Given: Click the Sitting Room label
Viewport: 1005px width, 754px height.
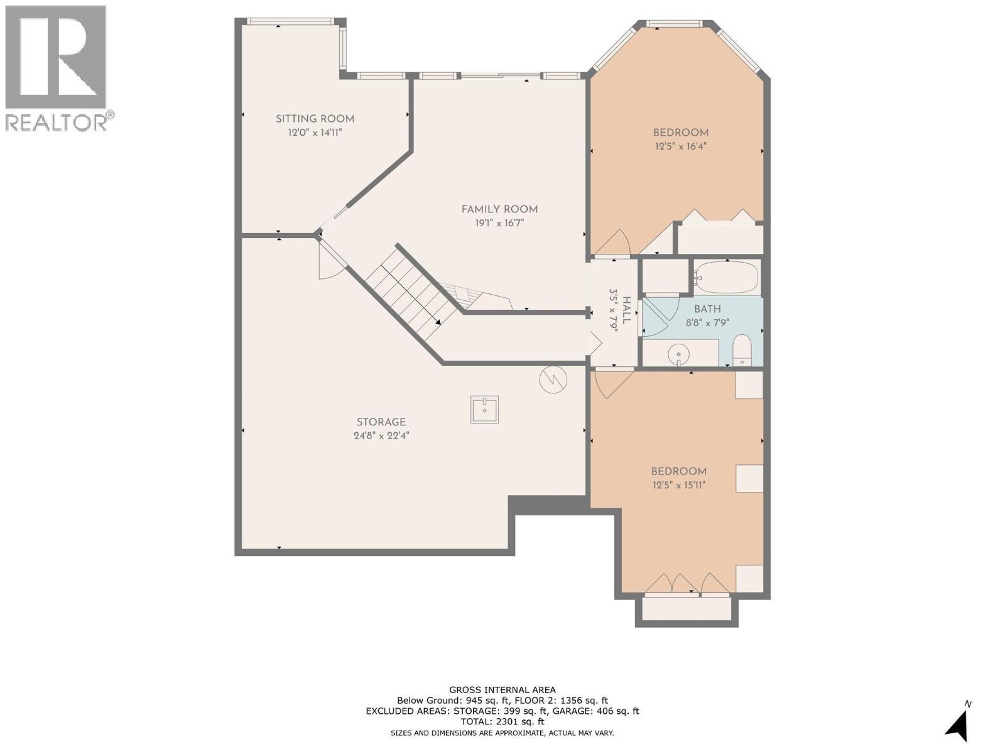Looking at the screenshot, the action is click(x=315, y=119).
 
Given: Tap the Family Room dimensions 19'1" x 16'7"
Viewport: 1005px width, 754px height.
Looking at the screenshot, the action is click(x=499, y=224).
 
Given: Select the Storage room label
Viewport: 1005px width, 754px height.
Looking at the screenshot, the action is click(x=381, y=422).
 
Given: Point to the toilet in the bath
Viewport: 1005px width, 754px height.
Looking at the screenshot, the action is click(x=742, y=350).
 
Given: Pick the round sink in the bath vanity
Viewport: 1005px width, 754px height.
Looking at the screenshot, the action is click(x=678, y=354).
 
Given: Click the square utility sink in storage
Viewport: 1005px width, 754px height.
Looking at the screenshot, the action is click(x=484, y=410).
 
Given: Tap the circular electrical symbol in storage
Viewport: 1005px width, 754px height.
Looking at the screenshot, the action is click(x=553, y=380).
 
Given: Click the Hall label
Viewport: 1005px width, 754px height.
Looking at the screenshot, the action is click(x=627, y=310).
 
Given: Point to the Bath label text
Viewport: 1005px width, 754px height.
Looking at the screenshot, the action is click(x=707, y=310).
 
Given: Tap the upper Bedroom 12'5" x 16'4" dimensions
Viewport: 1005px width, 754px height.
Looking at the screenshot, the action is click(x=681, y=147).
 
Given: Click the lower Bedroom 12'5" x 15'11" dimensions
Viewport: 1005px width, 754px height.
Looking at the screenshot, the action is click(x=679, y=485).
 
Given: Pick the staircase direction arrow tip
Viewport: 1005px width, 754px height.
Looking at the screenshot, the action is click(x=440, y=324).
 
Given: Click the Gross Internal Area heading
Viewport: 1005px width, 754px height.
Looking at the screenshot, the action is click(x=503, y=702).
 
